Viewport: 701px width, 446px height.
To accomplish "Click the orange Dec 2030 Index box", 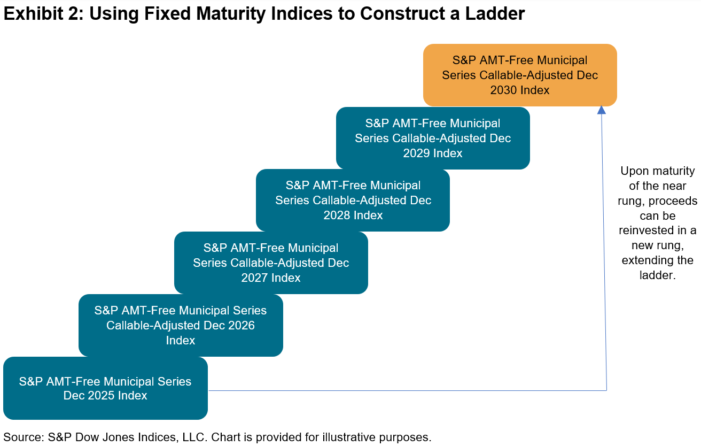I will click(520, 75).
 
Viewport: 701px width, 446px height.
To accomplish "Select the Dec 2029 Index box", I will click(433, 138).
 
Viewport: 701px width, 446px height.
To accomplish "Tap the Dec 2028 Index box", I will click(353, 200).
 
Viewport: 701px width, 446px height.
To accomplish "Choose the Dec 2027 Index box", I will click(271, 263).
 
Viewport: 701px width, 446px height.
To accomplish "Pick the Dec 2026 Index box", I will click(181, 325).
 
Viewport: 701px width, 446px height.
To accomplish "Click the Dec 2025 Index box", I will click(105, 388).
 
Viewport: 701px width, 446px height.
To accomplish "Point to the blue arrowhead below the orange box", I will click(602, 110).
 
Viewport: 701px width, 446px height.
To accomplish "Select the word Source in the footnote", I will click(20, 437).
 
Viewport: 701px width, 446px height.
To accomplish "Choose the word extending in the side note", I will click(648, 260).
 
